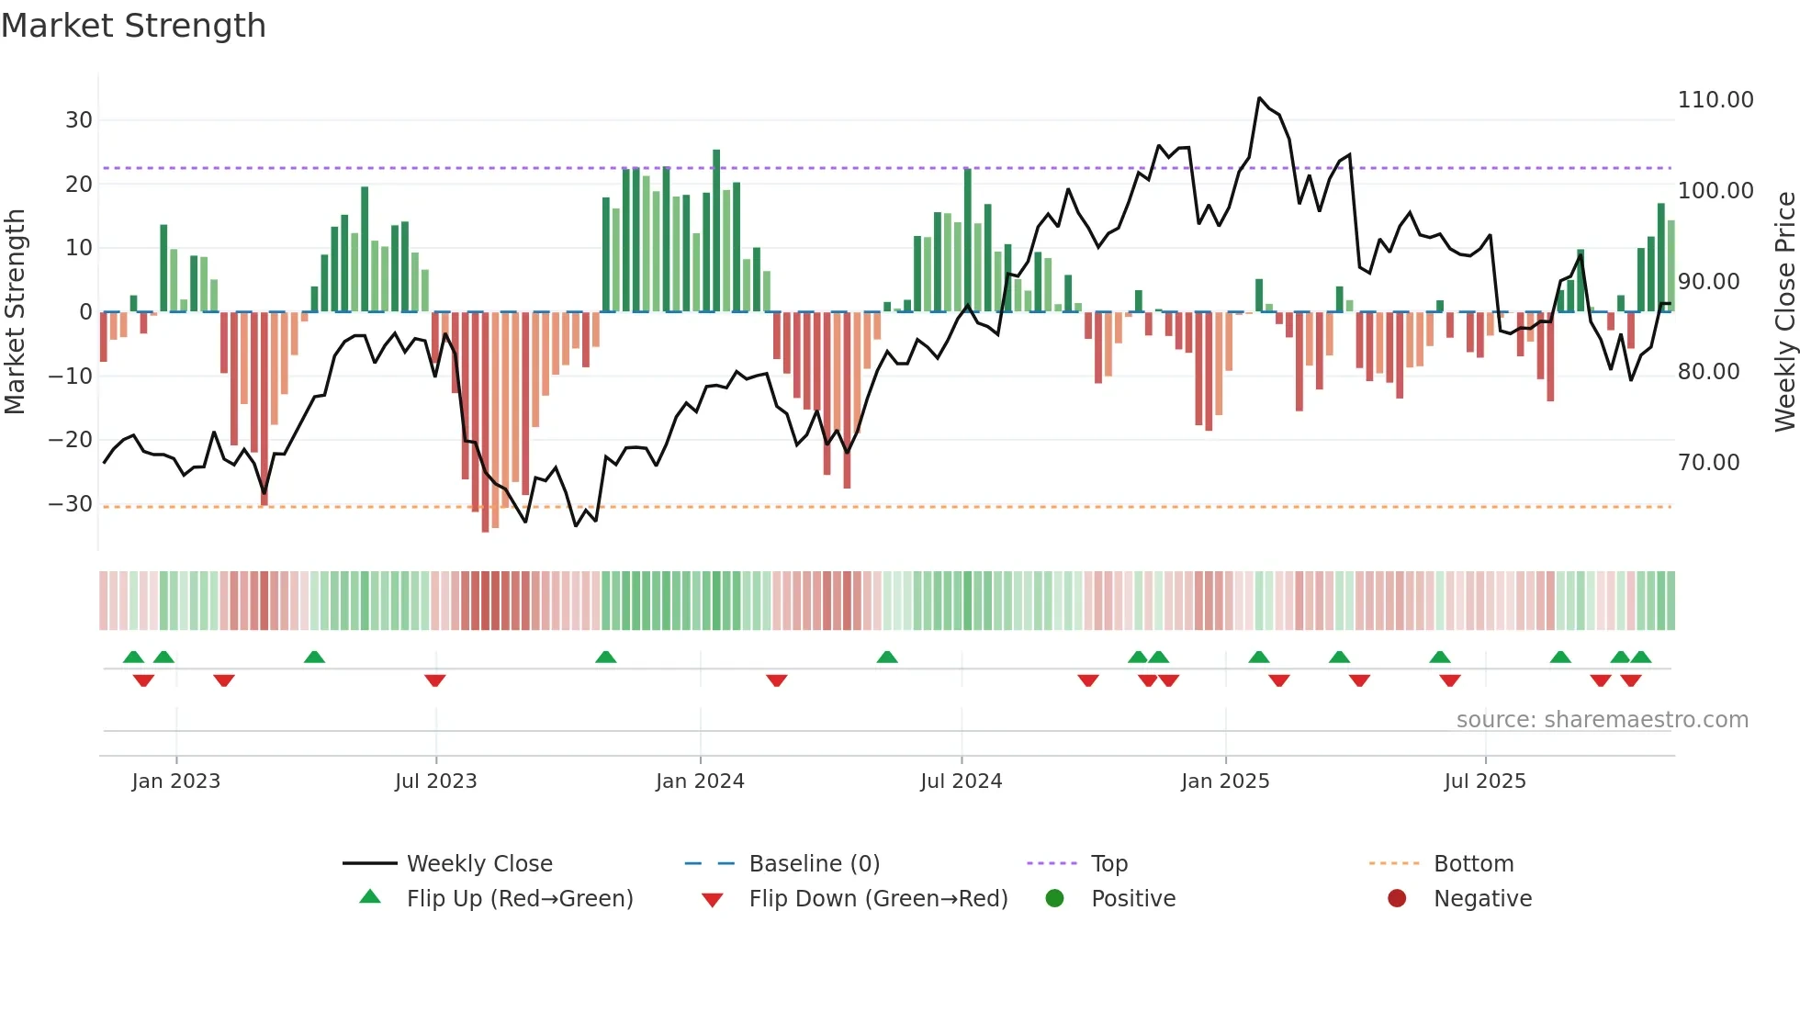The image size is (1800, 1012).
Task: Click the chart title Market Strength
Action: pos(133,26)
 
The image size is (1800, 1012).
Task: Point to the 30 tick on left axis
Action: pos(79,120)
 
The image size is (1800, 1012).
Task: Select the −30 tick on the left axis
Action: pos(71,504)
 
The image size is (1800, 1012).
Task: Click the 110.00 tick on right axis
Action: pos(1715,100)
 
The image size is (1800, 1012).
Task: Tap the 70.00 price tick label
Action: pos(1708,463)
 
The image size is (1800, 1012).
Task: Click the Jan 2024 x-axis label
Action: pos(699,781)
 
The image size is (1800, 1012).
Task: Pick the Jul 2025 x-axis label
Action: pos(1484,781)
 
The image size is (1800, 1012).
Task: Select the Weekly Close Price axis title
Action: pos(1784,312)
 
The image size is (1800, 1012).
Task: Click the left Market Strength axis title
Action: pos(15,312)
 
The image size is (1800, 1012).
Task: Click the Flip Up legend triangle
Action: pos(370,897)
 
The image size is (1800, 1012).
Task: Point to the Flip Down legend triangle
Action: pos(712,900)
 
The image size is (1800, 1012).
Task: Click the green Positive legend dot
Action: pos(1054,899)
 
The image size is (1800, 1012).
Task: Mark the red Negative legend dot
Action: pos(1397,899)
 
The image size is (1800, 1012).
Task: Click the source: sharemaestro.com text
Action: pos(1602,720)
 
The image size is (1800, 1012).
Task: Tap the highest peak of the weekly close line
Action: pos(1259,97)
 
